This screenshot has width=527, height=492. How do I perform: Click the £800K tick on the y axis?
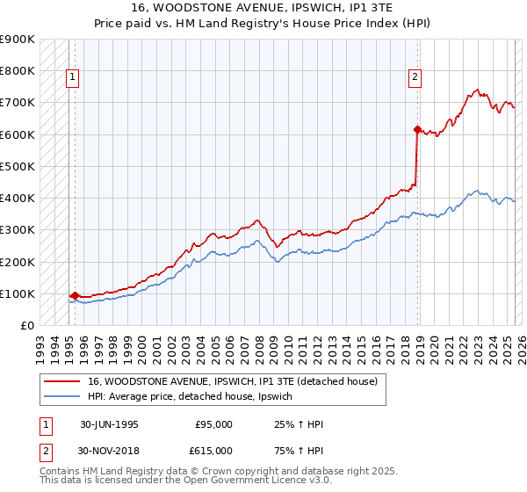click(18, 71)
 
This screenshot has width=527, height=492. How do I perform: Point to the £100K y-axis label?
click(18, 294)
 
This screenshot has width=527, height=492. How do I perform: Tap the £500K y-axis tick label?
click(18, 166)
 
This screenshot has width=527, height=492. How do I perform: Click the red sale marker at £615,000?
click(417, 129)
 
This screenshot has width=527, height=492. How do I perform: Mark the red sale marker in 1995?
click(75, 296)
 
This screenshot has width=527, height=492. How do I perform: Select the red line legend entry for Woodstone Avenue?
click(233, 381)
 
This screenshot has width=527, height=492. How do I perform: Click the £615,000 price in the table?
click(213, 450)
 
